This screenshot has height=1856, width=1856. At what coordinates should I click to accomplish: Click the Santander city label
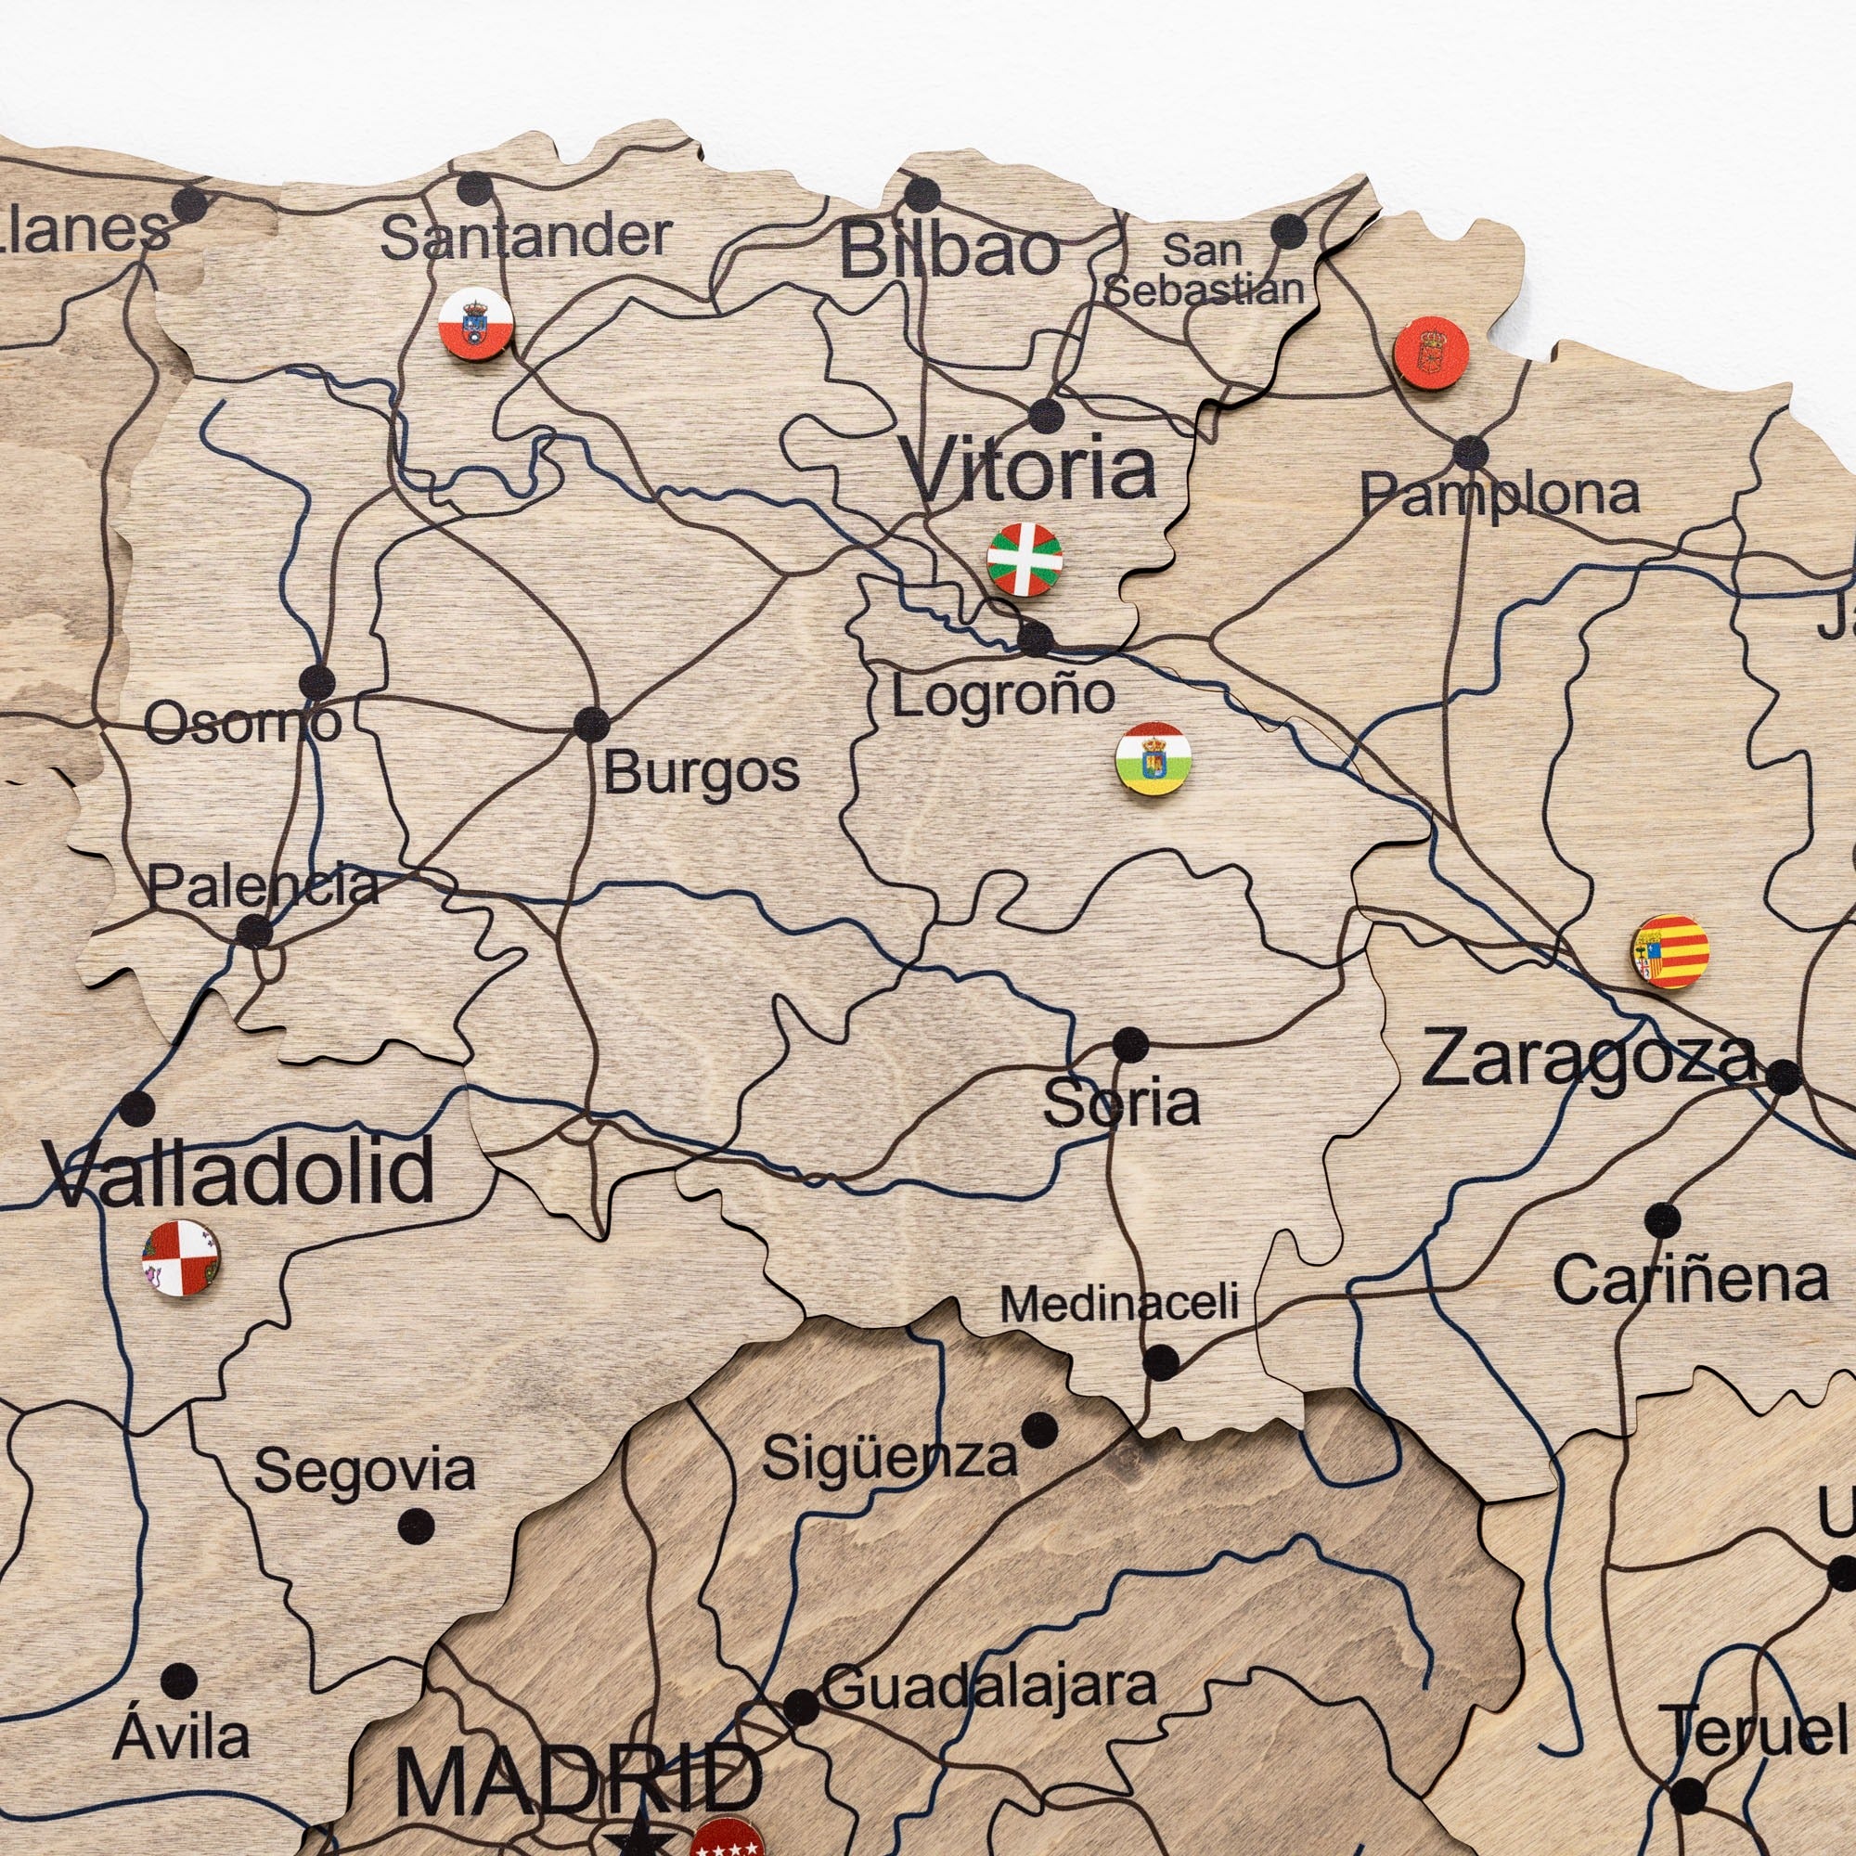(525, 238)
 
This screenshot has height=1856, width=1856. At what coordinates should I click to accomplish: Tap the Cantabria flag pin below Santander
(475, 324)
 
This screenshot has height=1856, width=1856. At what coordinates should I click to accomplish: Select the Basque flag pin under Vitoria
(1025, 559)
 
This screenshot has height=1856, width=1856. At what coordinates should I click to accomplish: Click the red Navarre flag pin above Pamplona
(1431, 353)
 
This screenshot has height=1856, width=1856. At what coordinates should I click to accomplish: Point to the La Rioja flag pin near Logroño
(1153, 759)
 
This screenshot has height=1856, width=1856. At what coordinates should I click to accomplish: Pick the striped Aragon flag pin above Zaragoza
(1671, 951)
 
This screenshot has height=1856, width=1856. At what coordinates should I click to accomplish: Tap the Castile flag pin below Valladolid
(181, 1258)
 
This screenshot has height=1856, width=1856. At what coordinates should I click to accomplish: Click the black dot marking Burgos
(591, 724)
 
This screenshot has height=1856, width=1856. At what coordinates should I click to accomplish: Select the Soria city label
(1121, 1104)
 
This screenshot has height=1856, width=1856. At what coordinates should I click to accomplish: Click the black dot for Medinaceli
(1161, 1361)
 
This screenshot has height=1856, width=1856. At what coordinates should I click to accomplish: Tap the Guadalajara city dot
(801, 1707)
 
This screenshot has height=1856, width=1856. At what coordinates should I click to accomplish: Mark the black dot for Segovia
(415, 1525)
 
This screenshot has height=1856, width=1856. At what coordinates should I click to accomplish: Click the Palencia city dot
(253, 931)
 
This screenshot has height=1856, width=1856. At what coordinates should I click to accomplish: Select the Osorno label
(242, 721)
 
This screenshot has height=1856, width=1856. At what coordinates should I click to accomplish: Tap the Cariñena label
(1690, 1281)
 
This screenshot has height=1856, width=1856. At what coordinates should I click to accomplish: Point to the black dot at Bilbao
(922, 195)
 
